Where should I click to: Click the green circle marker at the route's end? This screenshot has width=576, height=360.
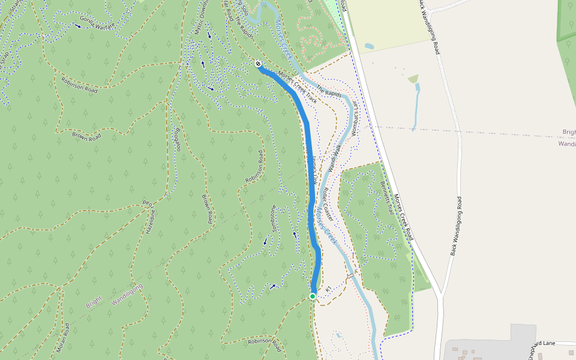(x=313, y=296)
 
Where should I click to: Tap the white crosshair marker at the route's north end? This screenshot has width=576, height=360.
(x=258, y=64)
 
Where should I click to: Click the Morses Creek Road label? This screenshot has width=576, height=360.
(x=403, y=217)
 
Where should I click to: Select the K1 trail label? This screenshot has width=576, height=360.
(x=328, y=290)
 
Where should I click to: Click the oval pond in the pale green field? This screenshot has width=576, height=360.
(x=369, y=46)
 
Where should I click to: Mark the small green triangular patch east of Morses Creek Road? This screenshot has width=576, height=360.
(x=413, y=79)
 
